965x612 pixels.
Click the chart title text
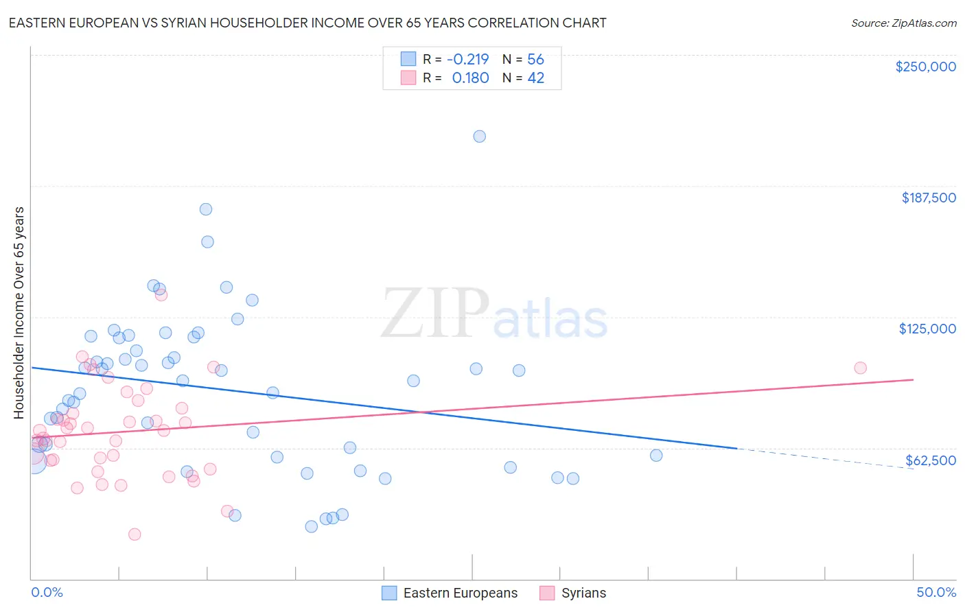tap(307, 23)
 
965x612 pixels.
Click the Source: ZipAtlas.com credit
tap(903, 23)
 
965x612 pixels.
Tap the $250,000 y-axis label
tap(925, 67)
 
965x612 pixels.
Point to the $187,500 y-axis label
tap(929, 198)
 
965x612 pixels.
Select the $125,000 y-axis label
tap(927, 329)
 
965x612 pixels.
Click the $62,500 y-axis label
tap(931, 460)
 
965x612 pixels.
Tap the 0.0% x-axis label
tap(47, 593)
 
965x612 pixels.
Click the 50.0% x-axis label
tap(936, 593)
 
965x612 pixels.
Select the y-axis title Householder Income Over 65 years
tap(19, 313)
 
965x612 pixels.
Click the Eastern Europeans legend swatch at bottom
tap(389, 593)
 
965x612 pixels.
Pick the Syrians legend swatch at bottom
tap(547, 593)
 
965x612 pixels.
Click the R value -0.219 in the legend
tap(467, 60)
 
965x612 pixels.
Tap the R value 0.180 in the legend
tap(470, 78)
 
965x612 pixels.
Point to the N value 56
tap(535, 60)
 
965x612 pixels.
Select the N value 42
tap(535, 78)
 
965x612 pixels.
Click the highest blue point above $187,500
tap(480, 137)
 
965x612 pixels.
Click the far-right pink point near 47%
tap(860, 368)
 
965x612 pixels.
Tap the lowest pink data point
tap(135, 534)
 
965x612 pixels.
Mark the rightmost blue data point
tap(656, 456)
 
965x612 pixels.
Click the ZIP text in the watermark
tap(435, 314)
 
